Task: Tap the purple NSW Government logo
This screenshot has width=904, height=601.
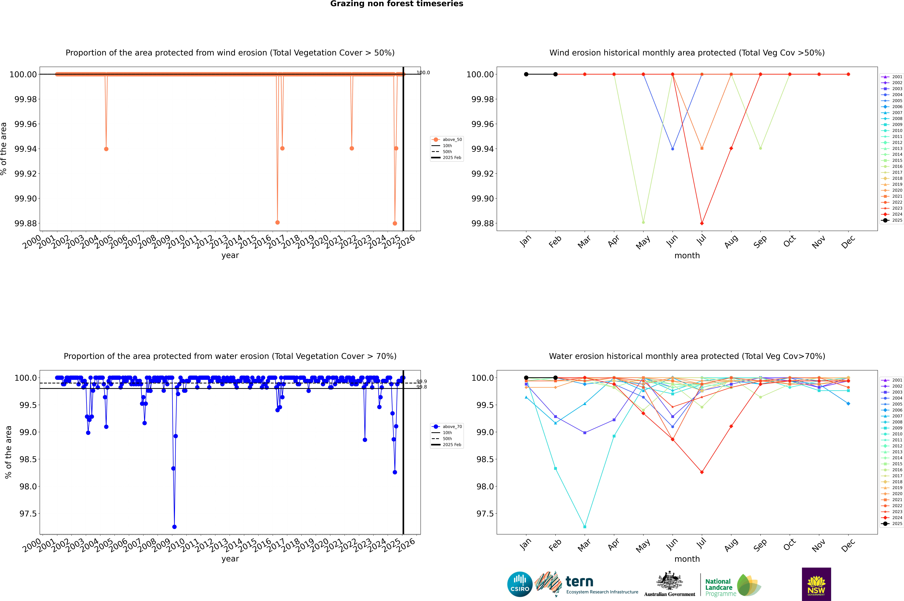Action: click(816, 584)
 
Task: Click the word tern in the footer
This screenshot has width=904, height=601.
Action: click(579, 582)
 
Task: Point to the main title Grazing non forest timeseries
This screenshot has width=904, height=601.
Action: click(397, 4)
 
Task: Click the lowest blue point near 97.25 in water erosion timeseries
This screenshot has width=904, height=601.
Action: click(174, 527)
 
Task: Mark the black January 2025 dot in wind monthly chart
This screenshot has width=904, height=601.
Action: click(526, 74)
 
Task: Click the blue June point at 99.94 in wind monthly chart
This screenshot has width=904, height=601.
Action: click(673, 149)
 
